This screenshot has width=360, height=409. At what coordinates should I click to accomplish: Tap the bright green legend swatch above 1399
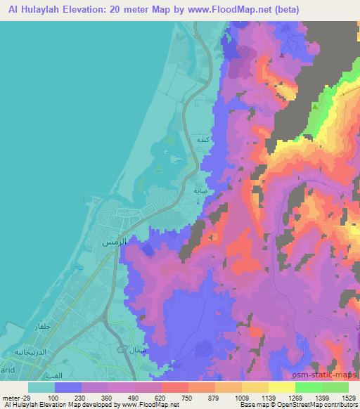point(308,387)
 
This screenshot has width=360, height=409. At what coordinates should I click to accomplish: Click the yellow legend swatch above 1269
point(281,387)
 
